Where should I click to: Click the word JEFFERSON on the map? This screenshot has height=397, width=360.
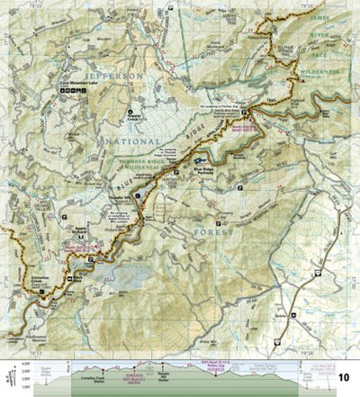(113, 78)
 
